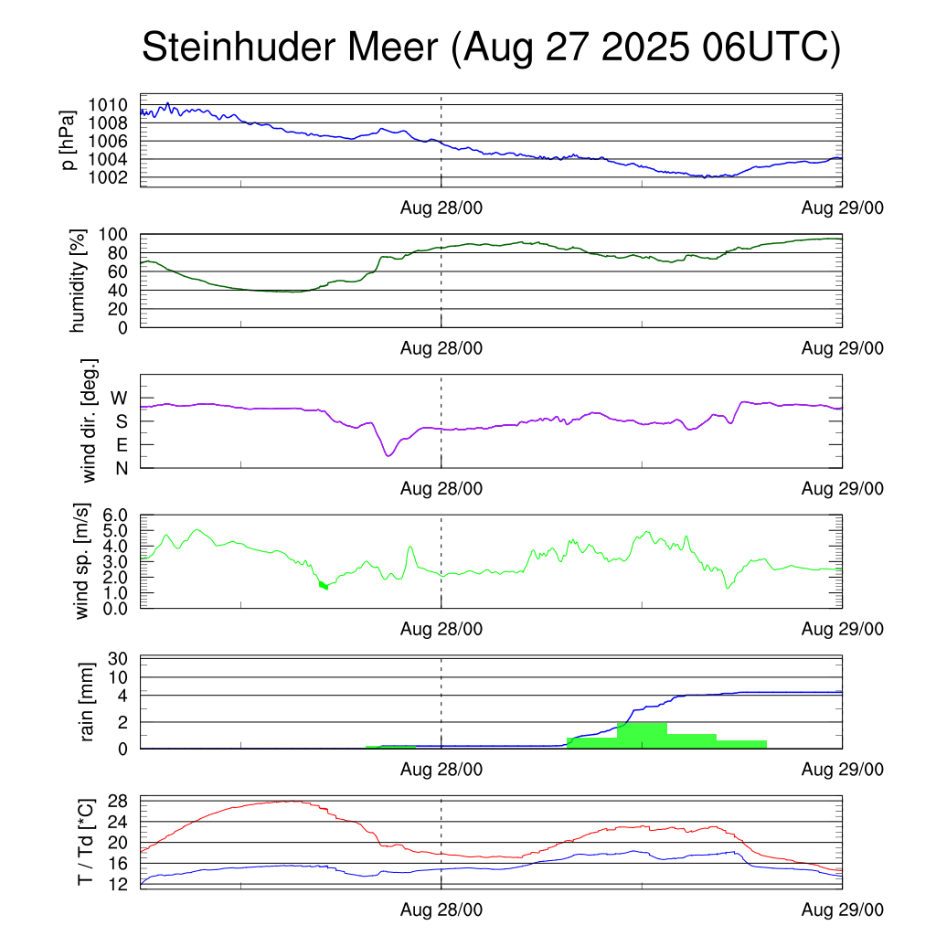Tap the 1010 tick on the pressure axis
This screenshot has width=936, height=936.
pos(113,105)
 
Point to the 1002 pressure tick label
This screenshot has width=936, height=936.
pos(113,177)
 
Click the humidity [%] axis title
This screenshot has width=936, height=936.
pos(79,281)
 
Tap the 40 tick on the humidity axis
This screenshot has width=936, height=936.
pos(120,290)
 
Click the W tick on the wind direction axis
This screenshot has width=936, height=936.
pos(120,398)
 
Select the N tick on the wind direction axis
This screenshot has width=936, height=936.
pos(120,468)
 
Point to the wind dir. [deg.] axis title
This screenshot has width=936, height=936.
pos(89,420)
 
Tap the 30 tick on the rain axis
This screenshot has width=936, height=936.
pos(120,659)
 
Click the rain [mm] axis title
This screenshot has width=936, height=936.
pos(89,702)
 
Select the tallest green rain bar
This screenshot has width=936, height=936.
pos(642,735)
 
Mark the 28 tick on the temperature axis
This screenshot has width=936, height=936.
pos(120,801)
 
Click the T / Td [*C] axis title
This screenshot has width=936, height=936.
pos(85,841)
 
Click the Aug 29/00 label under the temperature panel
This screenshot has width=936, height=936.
pos(842,909)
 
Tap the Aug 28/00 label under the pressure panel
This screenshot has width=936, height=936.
pos(441,207)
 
